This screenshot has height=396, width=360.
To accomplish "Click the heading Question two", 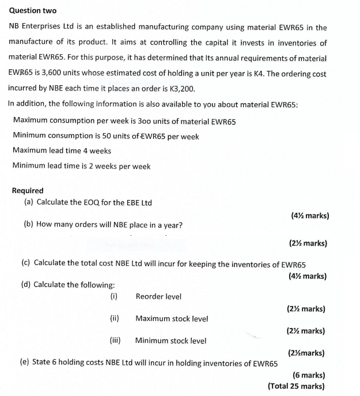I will [33, 11].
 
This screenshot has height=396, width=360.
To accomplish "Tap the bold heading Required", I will [28, 191].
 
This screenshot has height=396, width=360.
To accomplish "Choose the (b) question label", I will [28, 225].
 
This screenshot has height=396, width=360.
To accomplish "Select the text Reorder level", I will [158, 297].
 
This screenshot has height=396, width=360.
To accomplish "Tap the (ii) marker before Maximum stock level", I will [114, 318].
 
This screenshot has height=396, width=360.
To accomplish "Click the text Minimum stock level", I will [170, 341].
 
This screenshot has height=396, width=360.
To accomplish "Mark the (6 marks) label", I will [308, 375].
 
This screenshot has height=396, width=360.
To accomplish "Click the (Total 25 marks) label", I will [296, 386].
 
